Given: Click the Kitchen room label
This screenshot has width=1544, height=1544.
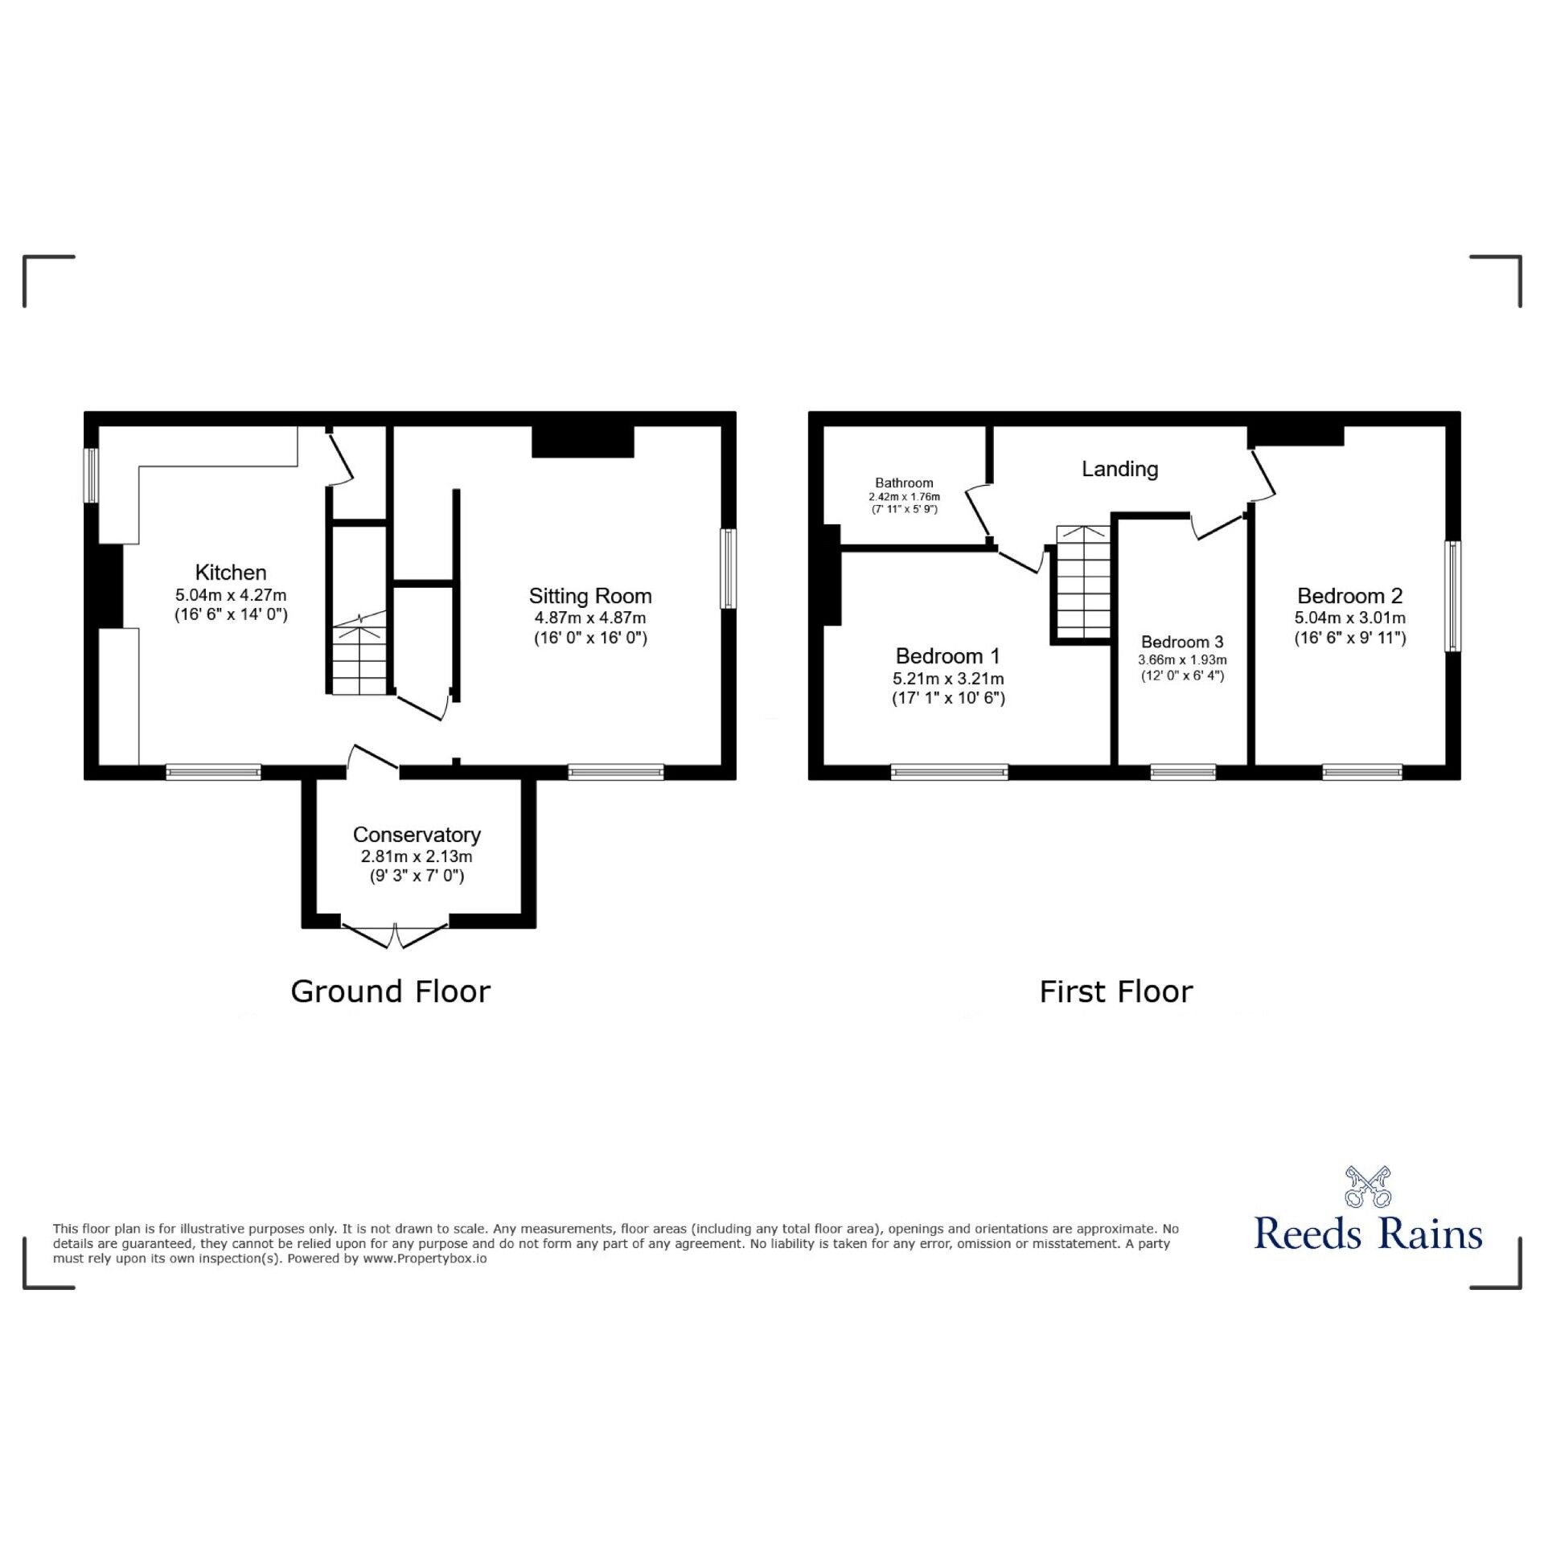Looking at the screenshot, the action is pos(231,573).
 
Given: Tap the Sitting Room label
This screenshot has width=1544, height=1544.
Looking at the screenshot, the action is pos(590,597).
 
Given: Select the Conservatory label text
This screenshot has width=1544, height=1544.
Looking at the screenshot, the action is pos(417,835).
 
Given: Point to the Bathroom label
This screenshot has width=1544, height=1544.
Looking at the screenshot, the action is pos(904,482).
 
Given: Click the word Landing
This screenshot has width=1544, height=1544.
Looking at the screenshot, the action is pos(1119,469).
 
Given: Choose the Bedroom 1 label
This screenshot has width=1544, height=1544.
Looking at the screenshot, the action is pos(948,656).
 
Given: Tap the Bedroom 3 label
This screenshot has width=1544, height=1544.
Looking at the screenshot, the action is pos(1182,642).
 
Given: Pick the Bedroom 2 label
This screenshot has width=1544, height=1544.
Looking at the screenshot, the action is pos(1350,596).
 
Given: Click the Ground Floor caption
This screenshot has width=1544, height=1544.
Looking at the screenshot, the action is pos(391,992).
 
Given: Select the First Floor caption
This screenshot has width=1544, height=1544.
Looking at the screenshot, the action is pos(1116,992).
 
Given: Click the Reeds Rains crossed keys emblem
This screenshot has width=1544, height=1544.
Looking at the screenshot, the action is pos(1368,1187).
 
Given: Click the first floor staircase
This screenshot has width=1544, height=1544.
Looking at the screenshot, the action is pos(1082,581).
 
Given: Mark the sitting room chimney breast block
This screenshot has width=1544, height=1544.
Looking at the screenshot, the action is pos(583,441).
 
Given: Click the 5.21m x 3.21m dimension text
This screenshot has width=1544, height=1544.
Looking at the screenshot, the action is pos(948,679).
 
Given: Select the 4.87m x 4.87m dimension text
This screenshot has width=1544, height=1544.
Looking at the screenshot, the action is pos(590,618).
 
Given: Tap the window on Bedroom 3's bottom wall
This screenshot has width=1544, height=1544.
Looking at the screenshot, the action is pos(1183,772).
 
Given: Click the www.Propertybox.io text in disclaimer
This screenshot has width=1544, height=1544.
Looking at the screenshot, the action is pos(425,1259).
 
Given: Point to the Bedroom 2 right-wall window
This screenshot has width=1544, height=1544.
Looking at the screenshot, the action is pos(1452,596).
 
